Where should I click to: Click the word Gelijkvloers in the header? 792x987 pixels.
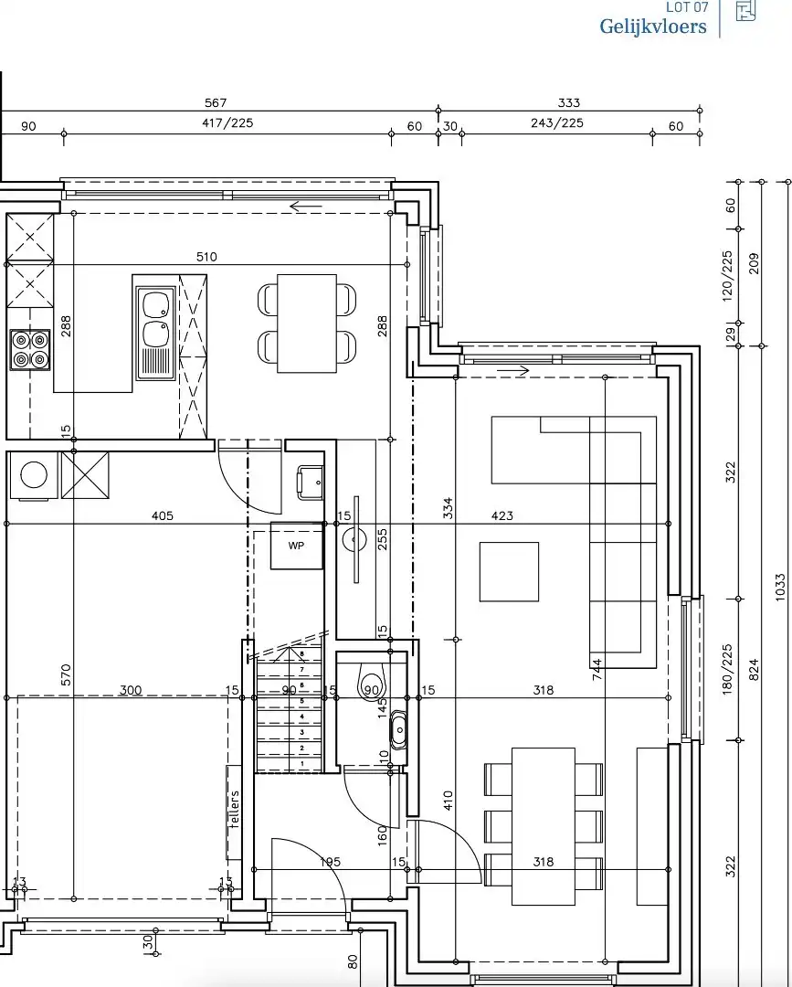point(652,27)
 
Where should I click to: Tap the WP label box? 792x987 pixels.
point(296,546)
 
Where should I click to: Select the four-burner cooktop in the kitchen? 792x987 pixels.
point(29,349)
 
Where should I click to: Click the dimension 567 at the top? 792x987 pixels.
point(216,103)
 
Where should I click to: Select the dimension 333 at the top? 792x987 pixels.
point(568,103)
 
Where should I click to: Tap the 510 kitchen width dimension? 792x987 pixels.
point(206,257)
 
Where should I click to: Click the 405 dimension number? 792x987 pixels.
point(162,516)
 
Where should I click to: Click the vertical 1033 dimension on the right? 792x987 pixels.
point(779,587)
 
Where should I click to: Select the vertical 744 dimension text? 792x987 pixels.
point(597,672)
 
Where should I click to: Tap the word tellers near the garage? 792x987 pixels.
point(235,810)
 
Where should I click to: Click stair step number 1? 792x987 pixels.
point(301,764)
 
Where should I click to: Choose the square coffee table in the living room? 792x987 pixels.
point(509,571)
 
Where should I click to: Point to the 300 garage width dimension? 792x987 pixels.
point(131,690)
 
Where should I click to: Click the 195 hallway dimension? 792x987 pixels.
point(331,862)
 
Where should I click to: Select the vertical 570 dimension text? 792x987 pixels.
point(66,674)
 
